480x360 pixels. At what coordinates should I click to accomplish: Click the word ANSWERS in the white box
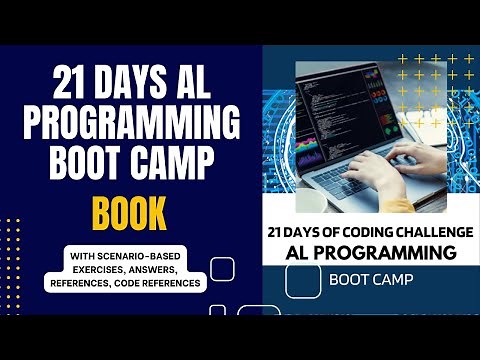pyautogui.click(x=170, y=269)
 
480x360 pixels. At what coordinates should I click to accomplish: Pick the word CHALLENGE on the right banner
pyautogui.click(x=422, y=231)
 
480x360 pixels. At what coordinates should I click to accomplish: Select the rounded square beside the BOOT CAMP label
pyautogui.click(x=303, y=281)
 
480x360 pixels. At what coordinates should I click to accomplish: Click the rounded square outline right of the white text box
pyautogui.click(x=222, y=268)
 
